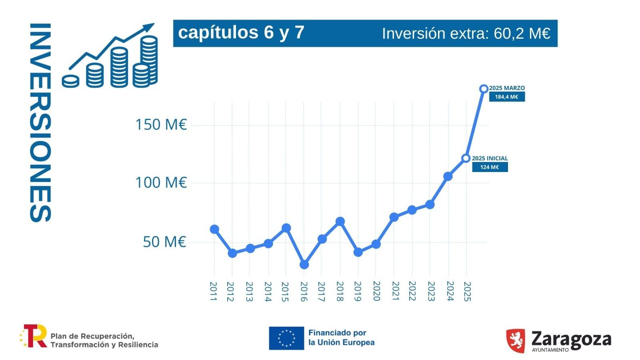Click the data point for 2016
[x=304, y=264]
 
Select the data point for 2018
[x=340, y=222]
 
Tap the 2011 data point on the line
[x=214, y=229]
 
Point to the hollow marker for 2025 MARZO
[x=484, y=88]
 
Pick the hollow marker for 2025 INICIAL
[x=466, y=158]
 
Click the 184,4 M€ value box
[x=506, y=97]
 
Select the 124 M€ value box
[x=490, y=167]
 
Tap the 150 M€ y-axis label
[x=161, y=125]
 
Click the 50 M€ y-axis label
[x=164, y=242]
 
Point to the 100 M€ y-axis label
[x=161, y=183]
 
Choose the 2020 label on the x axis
[x=376, y=291]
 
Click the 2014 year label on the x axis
[x=268, y=292]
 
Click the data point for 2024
[x=448, y=176]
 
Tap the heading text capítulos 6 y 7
[x=241, y=32]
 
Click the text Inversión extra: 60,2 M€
[x=466, y=34]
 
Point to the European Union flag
[x=286, y=338]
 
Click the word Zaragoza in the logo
[x=571, y=339]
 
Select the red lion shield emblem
[x=515, y=340]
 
